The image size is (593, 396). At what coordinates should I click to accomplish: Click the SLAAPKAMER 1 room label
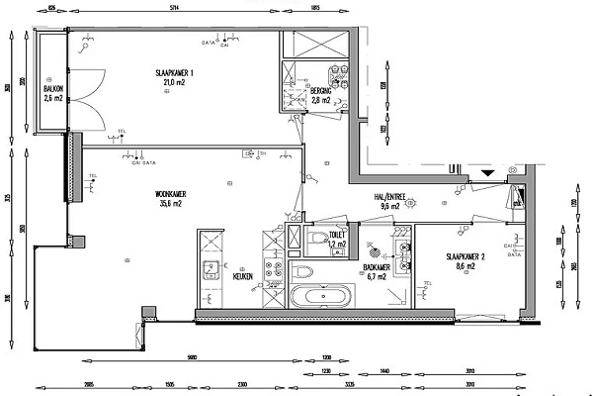(174, 73)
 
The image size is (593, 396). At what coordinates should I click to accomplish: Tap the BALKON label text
(53, 89)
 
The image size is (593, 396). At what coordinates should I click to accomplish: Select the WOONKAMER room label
(173, 194)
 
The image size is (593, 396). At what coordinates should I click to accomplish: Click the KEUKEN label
(243, 276)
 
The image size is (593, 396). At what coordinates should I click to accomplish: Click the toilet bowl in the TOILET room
(316, 239)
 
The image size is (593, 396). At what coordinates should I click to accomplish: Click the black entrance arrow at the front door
(485, 173)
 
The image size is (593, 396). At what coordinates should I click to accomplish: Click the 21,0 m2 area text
(174, 83)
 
